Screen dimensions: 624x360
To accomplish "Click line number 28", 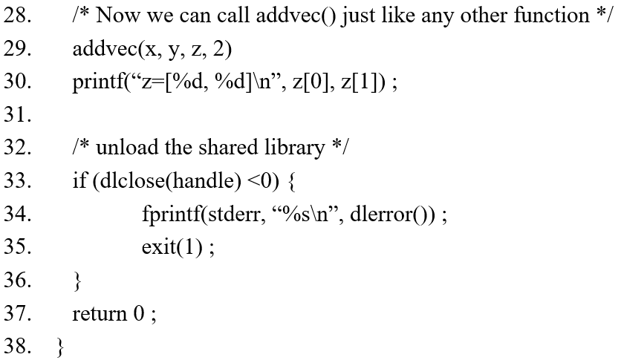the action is click(x=17, y=16).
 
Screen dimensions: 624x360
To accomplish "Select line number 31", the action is click(x=17, y=115).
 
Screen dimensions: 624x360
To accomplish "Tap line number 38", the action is click(x=17, y=347).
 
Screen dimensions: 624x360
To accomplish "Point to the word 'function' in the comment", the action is click(x=554, y=16).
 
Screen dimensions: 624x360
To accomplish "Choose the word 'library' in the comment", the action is click(x=295, y=148).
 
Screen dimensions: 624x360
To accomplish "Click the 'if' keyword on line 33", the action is click(x=79, y=181).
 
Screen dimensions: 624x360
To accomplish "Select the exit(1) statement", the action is click(x=172, y=247).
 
